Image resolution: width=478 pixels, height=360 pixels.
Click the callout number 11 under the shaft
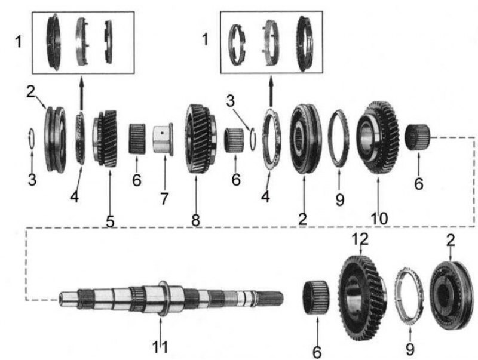pos(160,347)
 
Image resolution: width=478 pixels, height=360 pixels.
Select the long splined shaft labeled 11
pos(171,299)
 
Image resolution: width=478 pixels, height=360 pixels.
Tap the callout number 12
pos(360,239)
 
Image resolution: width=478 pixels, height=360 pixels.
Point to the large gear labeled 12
pos(362,297)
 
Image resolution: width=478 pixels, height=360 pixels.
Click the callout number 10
pos(379,218)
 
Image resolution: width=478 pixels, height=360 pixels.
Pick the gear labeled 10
pos(378,137)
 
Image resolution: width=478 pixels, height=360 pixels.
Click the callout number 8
pos(195,220)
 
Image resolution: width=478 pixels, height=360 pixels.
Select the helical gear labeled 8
pos(201,139)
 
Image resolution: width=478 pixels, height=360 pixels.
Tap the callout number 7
pos(164,199)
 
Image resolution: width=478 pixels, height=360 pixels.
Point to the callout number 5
pos(110,221)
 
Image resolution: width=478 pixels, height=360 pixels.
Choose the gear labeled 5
pos(105,139)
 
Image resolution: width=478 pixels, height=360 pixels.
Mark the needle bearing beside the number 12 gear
pos(316,297)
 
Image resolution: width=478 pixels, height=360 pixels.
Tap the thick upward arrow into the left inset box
pos(81,93)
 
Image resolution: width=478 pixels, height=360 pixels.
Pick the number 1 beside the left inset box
pos(19,41)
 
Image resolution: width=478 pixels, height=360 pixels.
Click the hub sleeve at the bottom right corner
pos(451,296)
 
